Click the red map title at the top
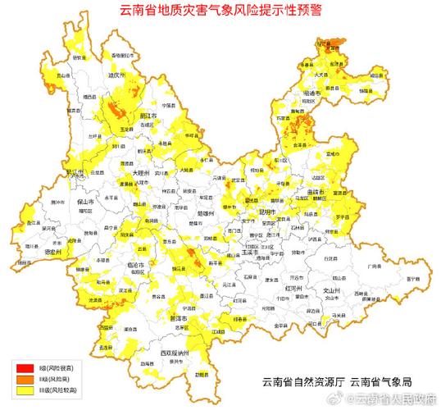point(220,11)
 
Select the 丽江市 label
point(149,116)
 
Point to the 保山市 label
point(86,200)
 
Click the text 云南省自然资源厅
point(302,382)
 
